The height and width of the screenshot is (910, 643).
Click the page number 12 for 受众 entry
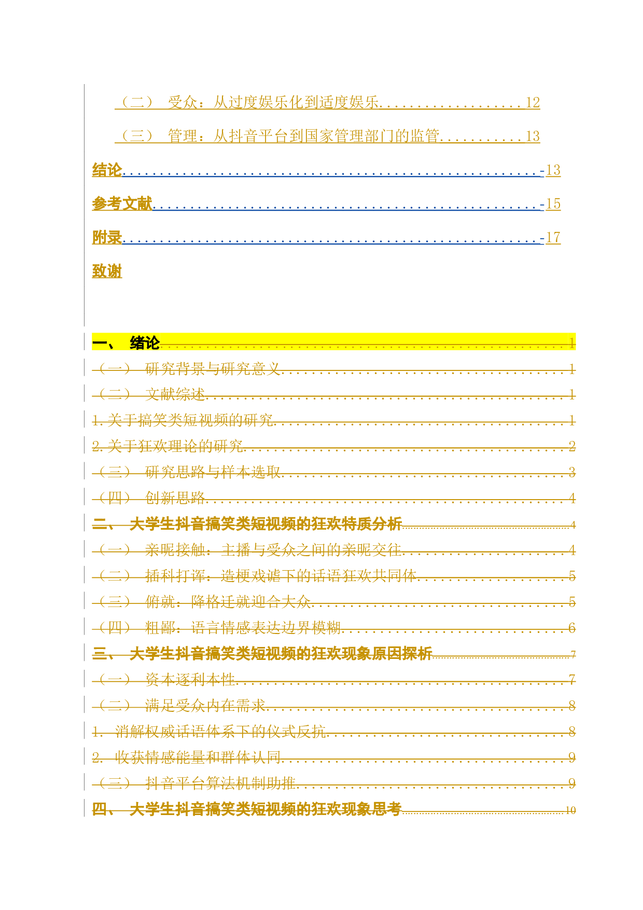tap(533, 102)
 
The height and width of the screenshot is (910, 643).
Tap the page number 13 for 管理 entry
tap(533, 136)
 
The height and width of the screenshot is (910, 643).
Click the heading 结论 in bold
tap(107, 170)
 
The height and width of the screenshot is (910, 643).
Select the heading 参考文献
tap(122, 203)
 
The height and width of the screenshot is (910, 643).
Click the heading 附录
tap(107, 237)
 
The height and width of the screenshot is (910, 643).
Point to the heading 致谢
tap(107, 271)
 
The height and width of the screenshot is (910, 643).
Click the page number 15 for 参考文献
tap(553, 203)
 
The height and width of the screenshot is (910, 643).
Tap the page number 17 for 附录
tap(553, 237)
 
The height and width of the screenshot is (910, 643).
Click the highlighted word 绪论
tap(145, 342)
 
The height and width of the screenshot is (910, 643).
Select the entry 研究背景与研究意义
tap(213, 369)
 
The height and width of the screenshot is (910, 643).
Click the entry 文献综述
tap(175, 394)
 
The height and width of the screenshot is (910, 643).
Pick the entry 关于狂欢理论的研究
tap(175, 446)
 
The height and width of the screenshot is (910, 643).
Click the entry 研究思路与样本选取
tap(213, 472)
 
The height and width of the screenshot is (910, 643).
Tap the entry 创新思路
tap(175, 498)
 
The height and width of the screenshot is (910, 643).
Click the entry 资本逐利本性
tap(190, 679)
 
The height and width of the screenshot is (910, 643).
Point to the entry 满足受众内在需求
tap(205, 705)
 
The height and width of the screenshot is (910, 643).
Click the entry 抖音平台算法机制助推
tap(220, 783)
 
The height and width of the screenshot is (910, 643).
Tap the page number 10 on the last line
tap(570, 810)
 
